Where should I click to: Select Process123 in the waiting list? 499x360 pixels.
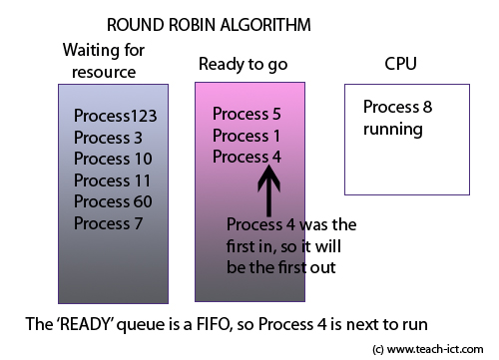[x=116, y=116]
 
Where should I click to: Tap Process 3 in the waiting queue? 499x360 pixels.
[x=108, y=137]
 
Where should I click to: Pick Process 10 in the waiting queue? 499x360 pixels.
[x=112, y=159]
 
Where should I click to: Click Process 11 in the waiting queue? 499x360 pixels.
[x=112, y=180]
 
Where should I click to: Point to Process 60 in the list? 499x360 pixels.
[x=112, y=201]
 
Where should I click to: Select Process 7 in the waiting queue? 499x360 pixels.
[x=108, y=222]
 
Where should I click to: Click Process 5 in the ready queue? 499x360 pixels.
[x=247, y=113]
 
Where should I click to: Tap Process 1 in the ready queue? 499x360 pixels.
[x=247, y=135]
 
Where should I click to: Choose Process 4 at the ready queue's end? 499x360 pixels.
[x=247, y=157]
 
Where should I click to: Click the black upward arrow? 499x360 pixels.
[x=270, y=189]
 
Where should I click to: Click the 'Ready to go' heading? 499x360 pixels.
[x=243, y=64]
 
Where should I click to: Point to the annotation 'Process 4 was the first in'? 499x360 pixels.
[x=290, y=223]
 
